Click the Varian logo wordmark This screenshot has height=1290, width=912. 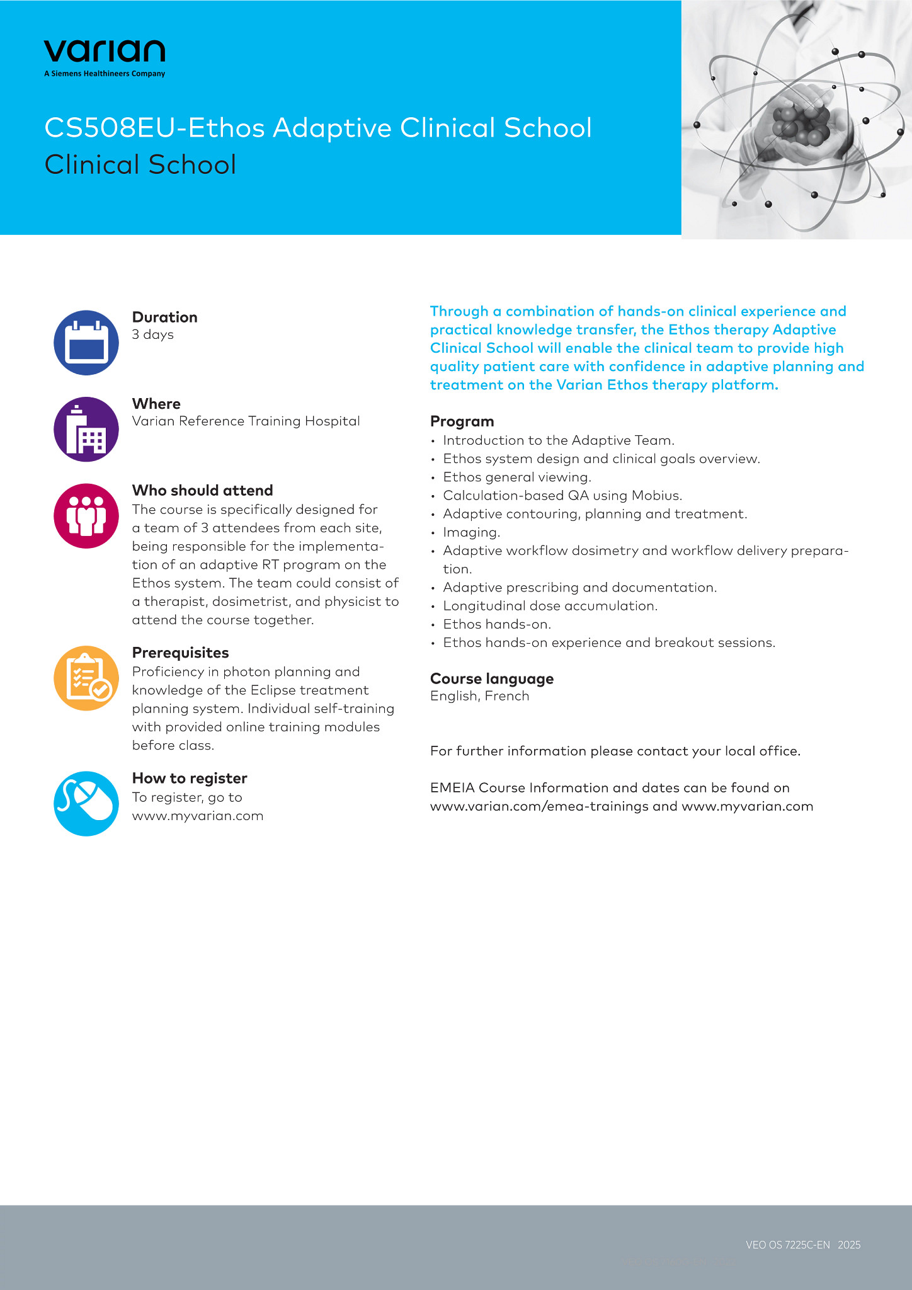pos(105,52)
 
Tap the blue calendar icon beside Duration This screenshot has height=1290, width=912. pos(86,343)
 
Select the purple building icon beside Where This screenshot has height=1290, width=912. pos(86,429)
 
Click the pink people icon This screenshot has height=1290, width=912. pos(86,516)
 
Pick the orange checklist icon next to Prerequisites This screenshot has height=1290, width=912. pos(86,678)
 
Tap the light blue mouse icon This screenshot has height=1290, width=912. pos(86,804)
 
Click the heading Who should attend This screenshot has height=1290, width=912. pos(202,490)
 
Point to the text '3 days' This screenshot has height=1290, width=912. pos(152,334)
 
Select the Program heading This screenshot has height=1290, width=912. pos(462,421)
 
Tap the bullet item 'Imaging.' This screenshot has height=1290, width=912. pos(471,532)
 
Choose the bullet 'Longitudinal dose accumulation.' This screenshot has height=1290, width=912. pos(550,606)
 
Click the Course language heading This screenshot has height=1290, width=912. pos(491,678)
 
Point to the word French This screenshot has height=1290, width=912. pos(507,696)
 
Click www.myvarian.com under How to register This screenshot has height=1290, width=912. pos(197,816)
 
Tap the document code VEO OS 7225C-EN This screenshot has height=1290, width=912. pos(787,1245)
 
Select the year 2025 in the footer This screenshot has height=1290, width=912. pos(849,1245)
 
